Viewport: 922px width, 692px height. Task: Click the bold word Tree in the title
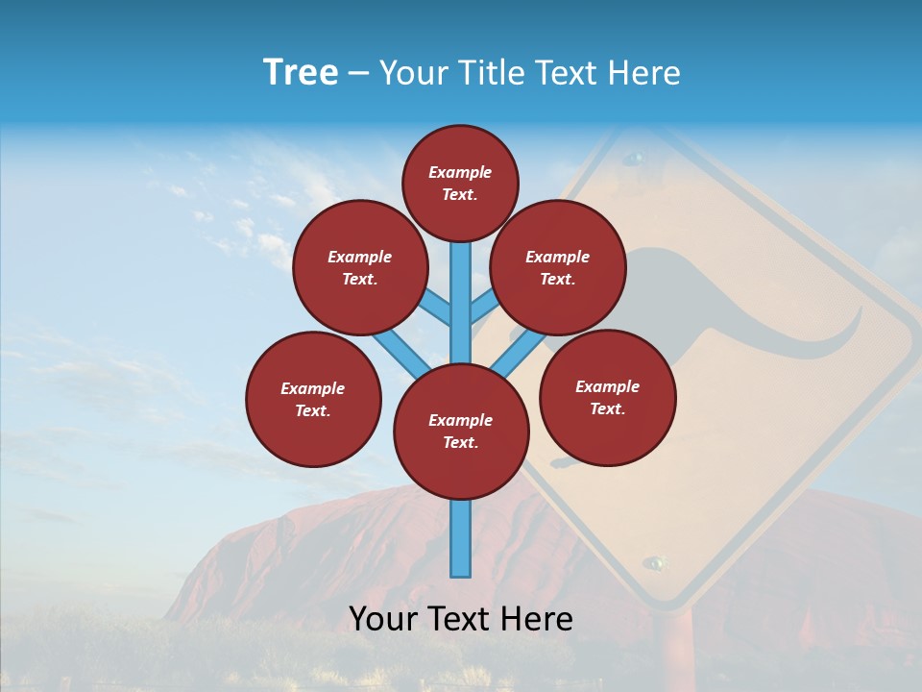coord(301,73)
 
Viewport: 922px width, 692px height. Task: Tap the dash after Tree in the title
coord(358,74)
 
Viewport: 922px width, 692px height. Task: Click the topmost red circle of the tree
coord(460,183)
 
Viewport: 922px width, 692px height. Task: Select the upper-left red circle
coord(360,267)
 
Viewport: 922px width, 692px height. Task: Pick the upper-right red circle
coord(558,267)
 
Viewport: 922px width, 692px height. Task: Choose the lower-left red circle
coord(313,399)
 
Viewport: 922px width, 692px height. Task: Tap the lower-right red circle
coord(607,397)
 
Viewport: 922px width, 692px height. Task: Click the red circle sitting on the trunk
coord(461,432)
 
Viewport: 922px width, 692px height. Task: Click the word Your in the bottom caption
coord(381,619)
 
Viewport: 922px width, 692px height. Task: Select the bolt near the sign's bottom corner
coord(655,561)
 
